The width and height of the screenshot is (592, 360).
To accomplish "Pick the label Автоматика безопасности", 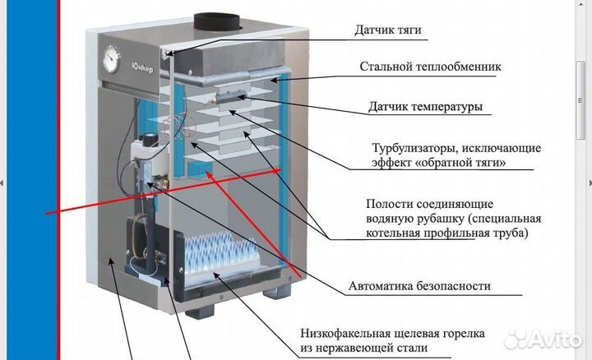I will [419, 287].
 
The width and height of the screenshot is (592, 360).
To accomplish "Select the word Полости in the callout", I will [387, 203].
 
